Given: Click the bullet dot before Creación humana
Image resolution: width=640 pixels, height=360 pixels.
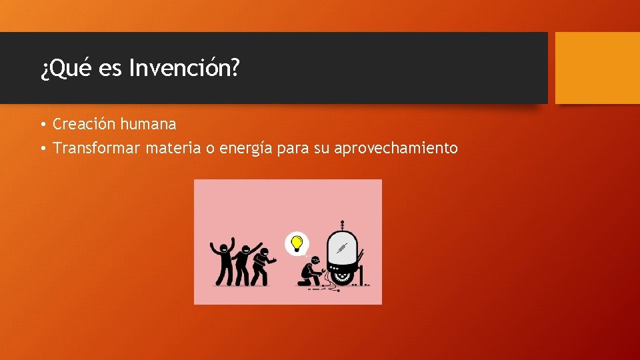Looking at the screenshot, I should (x=41, y=125).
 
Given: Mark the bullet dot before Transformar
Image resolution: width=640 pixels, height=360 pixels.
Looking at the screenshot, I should (x=41, y=149).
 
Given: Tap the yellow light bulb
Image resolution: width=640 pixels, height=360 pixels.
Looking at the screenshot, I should (x=297, y=243).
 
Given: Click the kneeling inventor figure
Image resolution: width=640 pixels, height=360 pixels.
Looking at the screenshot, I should (x=311, y=272).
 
